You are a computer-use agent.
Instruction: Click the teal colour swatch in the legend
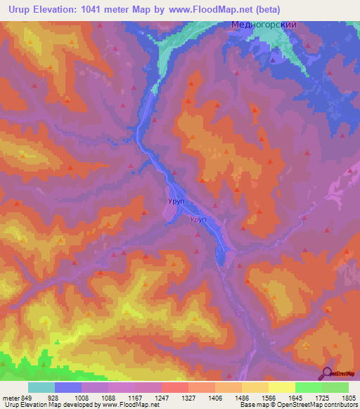41,387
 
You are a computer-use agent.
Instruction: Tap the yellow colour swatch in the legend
281,387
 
